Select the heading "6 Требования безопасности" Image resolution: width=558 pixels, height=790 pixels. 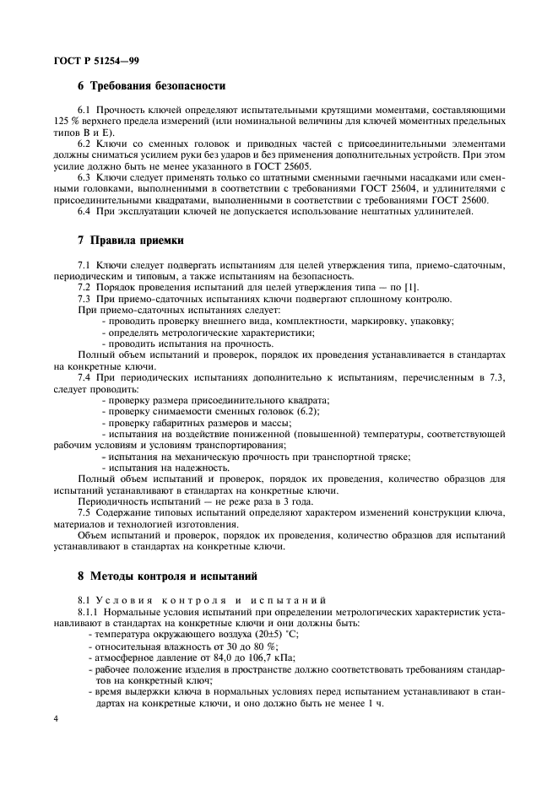point(151,86)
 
